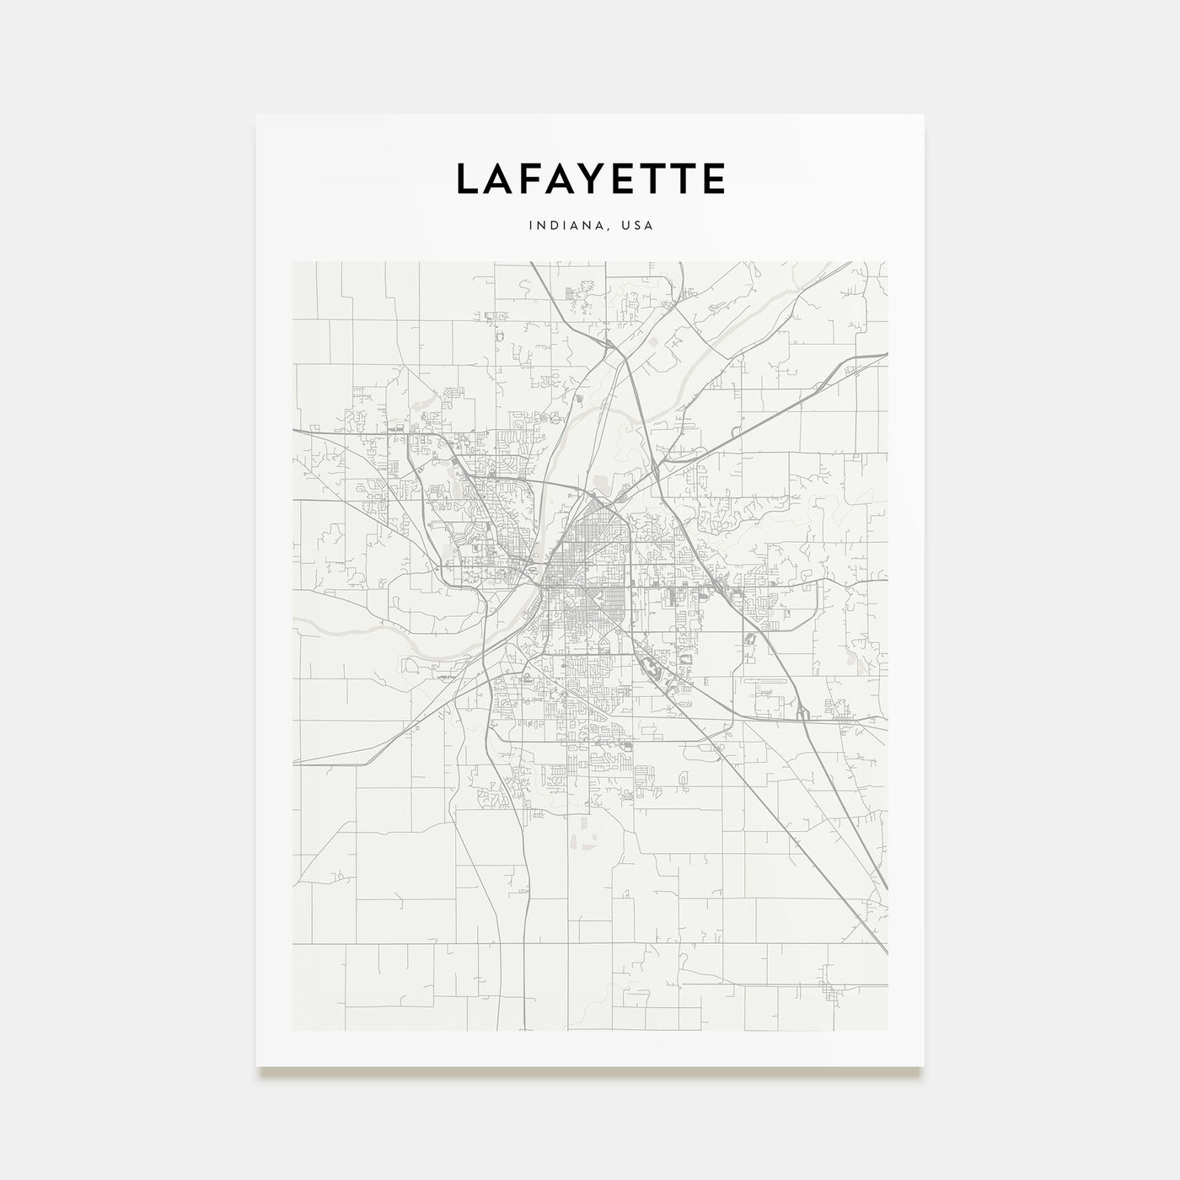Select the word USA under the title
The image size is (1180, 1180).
(637, 226)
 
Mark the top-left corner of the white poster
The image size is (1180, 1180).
(257, 115)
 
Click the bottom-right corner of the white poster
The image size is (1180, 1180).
(924, 1066)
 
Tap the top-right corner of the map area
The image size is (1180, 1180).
(888, 261)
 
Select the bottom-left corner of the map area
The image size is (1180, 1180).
(292, 1030)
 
